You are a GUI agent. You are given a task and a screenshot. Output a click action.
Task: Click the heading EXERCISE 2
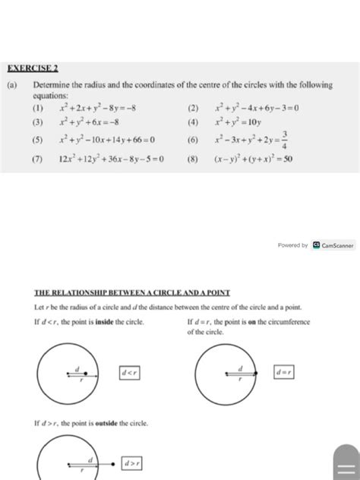pyautogui.click(x=25, y=66)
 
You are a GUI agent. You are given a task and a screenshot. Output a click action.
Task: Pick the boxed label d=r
pyautogui.click(x=283, y=372)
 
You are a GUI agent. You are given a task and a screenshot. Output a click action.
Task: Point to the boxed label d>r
pyautogui.click(x=131, y=463)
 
